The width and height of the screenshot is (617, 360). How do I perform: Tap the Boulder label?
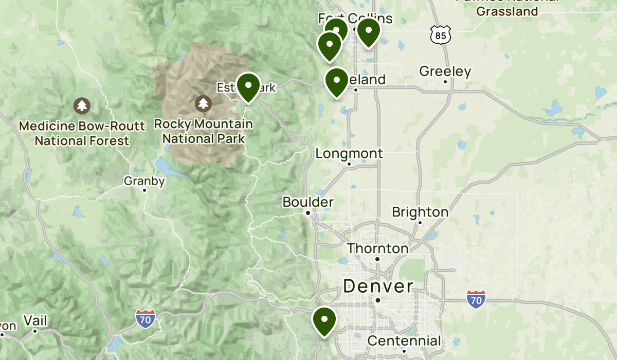(308, 202)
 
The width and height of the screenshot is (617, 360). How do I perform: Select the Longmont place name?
(349, 153)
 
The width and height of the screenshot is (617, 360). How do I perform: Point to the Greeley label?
(445, 71)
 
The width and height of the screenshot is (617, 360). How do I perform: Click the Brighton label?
(420, 212)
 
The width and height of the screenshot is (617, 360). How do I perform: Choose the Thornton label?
(377, 248)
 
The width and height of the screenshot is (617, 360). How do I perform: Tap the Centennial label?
(404, 340)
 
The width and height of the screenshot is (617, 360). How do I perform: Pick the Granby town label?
(144, 181)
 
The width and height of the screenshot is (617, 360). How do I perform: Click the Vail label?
(35, 321)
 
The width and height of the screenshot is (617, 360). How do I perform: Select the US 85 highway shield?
(441, 35)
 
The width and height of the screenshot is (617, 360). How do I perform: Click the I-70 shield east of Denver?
(476, 299)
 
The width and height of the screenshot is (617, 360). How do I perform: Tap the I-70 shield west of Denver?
(146, 319)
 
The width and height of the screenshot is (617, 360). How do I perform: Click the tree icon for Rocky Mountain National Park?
(204, 103)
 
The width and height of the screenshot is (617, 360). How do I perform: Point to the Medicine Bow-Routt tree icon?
(82, 105)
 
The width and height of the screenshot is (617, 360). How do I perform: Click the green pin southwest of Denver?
(324, 320)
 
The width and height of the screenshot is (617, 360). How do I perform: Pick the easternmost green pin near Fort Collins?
(369, 32)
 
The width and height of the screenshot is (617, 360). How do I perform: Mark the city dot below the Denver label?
(377, 300)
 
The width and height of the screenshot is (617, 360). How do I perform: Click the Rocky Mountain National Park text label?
(204, 131)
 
